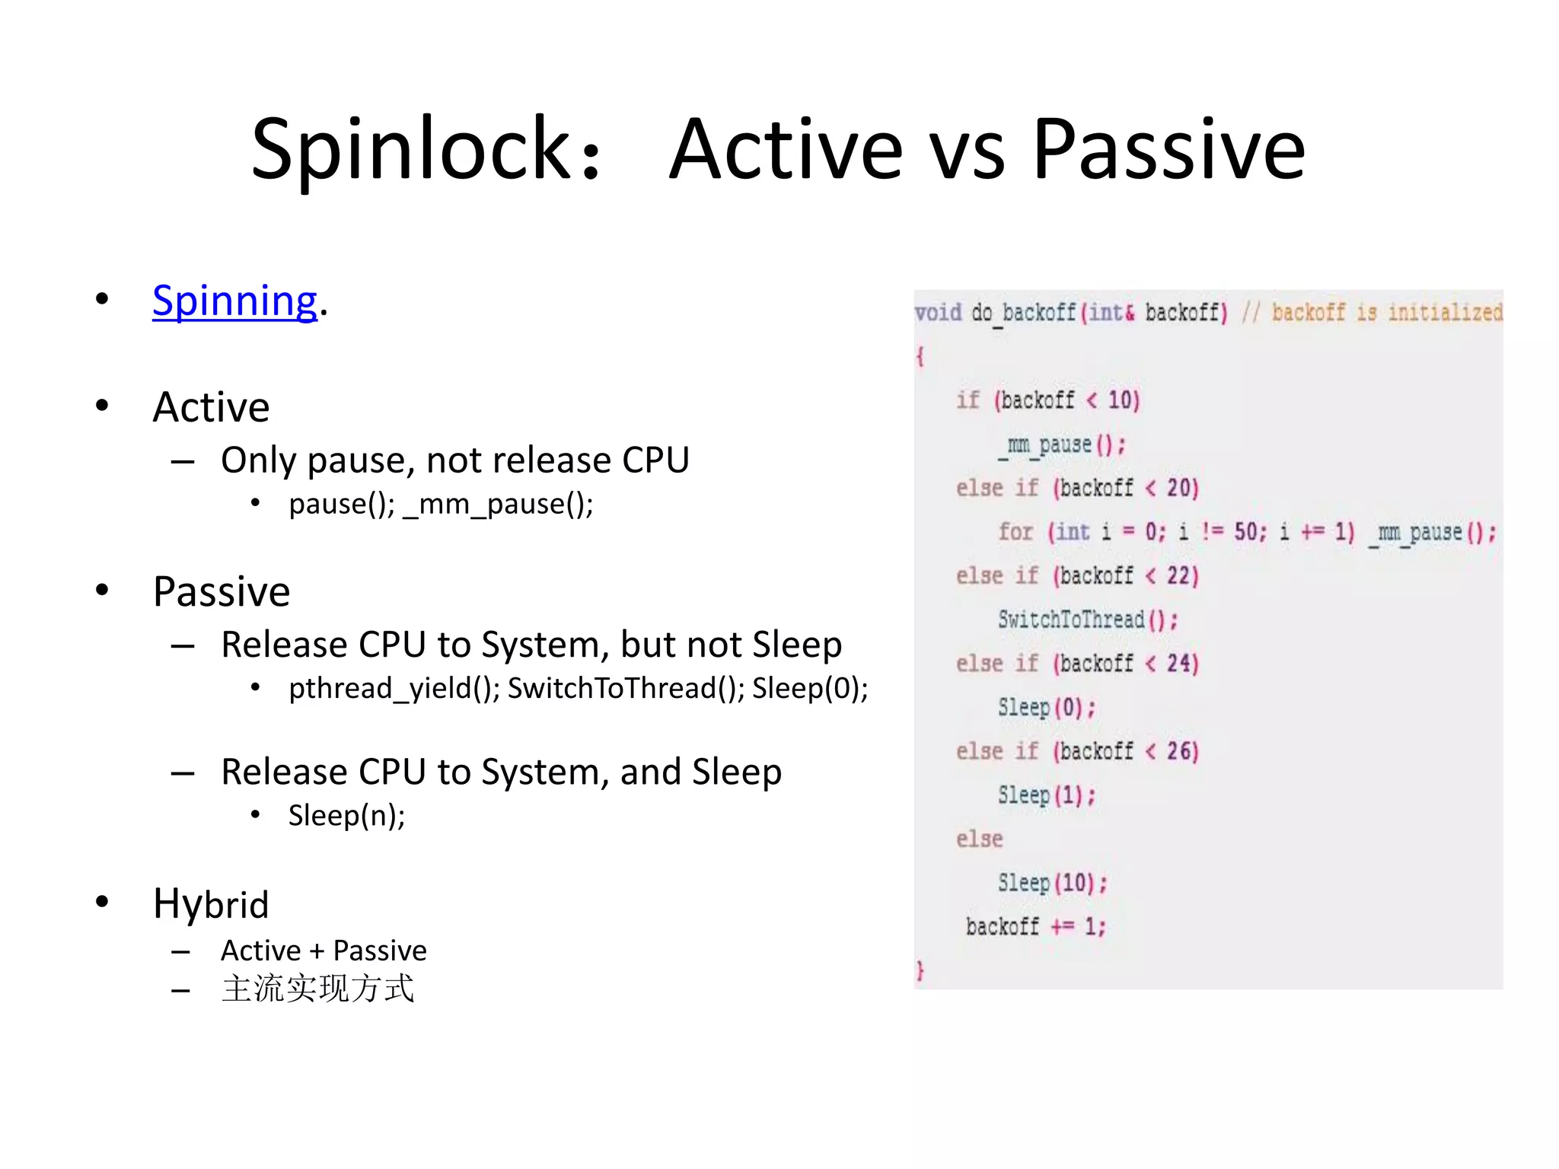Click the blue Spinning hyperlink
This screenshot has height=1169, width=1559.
click(234, 301)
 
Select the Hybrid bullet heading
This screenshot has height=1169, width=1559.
click(211, 904)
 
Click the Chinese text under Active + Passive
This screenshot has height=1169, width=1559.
click(317, 989)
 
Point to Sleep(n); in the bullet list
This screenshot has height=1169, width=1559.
click(346, 816)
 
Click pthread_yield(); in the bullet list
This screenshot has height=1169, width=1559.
click(394, 689)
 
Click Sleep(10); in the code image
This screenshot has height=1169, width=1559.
click(1052, 883)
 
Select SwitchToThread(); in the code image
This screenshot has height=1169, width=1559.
click(1087, 620)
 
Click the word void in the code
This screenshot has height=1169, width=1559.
click(938, 313)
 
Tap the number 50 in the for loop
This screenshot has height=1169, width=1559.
click(1245, 532)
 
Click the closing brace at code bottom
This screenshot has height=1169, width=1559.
click(920, 970)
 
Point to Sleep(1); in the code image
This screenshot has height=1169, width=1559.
click(1047, 795)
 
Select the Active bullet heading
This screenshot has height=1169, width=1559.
click(211, 407)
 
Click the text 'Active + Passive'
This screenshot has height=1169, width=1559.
click(324, 951)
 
